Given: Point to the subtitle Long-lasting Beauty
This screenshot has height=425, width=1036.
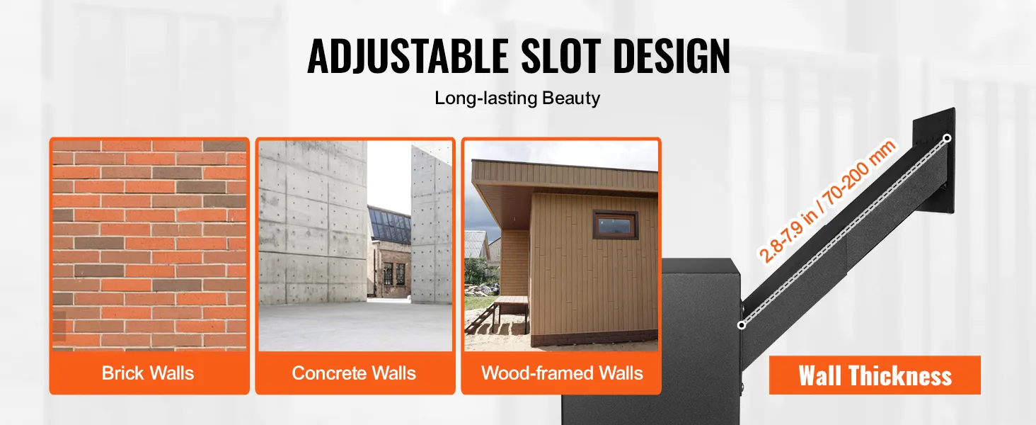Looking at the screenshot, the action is tap(517, 98).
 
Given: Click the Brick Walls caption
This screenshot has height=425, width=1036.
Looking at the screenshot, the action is tap(148, 373).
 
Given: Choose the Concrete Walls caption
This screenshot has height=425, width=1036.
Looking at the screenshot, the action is tap(354, 373).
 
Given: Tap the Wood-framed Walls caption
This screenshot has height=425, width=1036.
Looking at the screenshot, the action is tap(562, 373).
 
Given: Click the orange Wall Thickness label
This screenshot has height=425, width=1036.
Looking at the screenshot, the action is tap(875, 375).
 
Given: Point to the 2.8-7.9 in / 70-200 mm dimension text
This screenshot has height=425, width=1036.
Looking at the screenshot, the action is tap(827, 201).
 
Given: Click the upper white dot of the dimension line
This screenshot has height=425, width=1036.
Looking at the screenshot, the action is tap(948, 138).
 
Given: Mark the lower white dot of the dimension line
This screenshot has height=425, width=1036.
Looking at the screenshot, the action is tap(742, 325).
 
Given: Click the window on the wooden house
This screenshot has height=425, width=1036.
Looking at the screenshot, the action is tap(615, 225).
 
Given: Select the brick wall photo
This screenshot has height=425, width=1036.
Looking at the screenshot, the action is tap(149, 245).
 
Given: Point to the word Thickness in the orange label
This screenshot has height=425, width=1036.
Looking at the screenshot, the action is tap(900, 375).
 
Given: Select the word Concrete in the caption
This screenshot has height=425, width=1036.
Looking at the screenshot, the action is tap(329, 373).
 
